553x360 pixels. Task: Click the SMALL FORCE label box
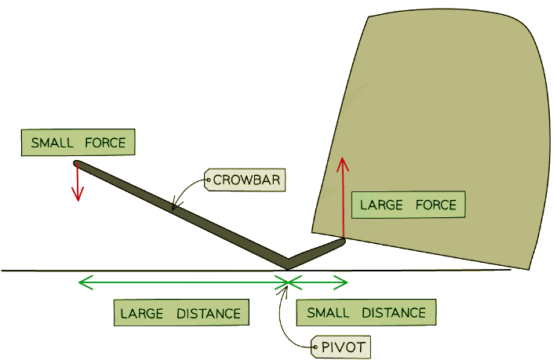click(78, 143)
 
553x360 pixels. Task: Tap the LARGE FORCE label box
click(408, 205)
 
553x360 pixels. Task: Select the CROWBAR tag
click(245, 180)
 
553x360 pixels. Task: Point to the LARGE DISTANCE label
click(180, 313)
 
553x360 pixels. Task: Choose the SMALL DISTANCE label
click(366, 313)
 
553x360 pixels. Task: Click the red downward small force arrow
click(78, 184)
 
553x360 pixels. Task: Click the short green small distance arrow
click(318, 280)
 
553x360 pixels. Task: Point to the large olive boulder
click(439, 118)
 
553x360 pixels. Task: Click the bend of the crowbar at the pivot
click(287, 263)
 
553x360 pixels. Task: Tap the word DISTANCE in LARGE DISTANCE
click(208, 313)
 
